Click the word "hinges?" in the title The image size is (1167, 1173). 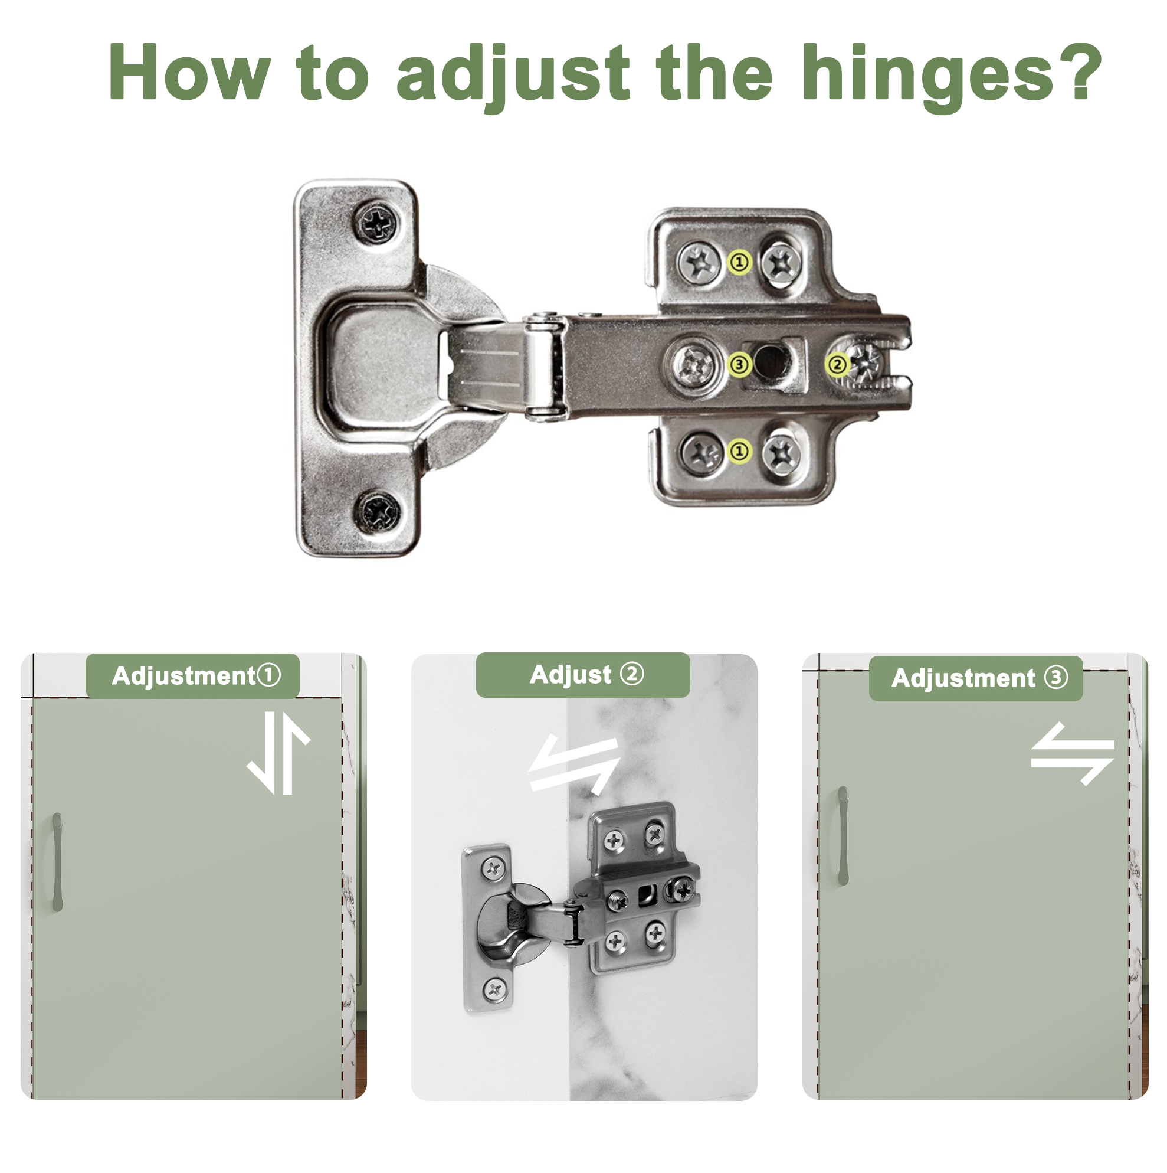tap(952, 76)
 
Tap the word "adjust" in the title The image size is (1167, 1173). tap(513, 76)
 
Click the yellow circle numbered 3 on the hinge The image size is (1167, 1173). tap(739, 364)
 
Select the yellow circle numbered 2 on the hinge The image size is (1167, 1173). tap(837, 364)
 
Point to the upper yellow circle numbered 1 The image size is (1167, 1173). tap(739, 262)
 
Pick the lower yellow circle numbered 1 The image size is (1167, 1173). tap(739, 451)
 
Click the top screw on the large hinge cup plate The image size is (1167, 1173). tap(377, 223)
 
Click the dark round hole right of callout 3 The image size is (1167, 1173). tap(771, 361)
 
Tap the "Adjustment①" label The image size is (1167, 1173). tap(193, 676)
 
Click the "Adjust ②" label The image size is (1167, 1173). tap(583, 675)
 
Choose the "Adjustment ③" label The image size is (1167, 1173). tap(976, 678)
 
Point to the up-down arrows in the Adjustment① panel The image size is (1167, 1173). tap(278, 753)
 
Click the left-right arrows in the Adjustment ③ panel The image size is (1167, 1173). tap(1073, 753)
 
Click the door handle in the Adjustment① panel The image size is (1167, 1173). tap(57, 862)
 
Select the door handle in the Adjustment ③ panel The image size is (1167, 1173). tap(844, 835)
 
